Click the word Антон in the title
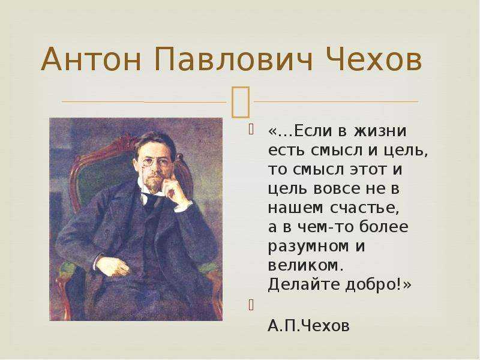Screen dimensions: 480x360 (x=91, y=59)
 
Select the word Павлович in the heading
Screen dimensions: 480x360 (x=234, y=59)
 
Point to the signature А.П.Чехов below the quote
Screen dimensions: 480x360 (x=308, y=326)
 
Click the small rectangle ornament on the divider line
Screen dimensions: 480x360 (x=241, y=102)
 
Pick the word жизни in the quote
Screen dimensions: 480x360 (x=380, y=131)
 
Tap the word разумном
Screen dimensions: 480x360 (x=308, y=247)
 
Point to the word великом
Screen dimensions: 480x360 (x=304, y=265)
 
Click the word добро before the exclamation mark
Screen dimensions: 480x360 (x=370, y=285)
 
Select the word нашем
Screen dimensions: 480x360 (x=295, y=208)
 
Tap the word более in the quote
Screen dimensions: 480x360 (x=383, y=227)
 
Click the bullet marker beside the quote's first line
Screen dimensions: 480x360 (x=251, y=129)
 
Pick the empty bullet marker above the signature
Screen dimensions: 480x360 (x=251, y=305)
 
